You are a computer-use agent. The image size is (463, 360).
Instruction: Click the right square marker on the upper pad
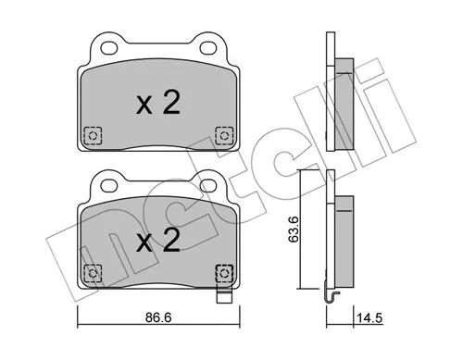click(223, 134)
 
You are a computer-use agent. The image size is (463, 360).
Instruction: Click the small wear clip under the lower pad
click(223, 299)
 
